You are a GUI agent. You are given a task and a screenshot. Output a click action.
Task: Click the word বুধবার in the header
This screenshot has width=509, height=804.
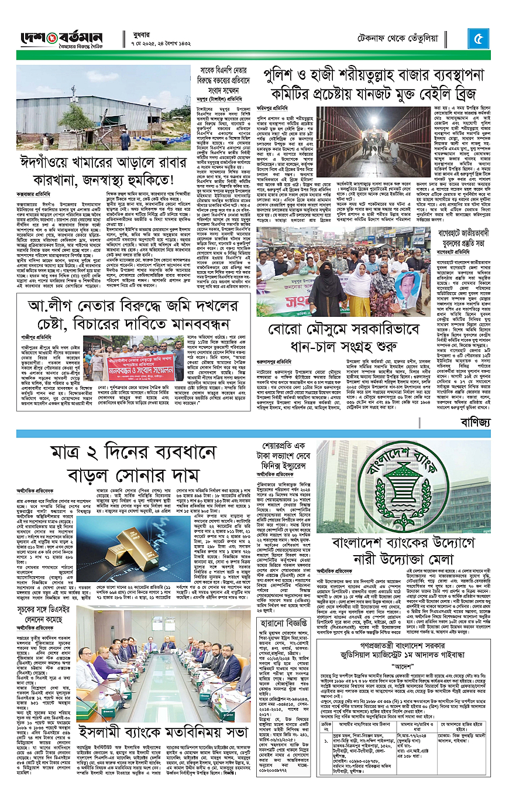[x=136, y=34]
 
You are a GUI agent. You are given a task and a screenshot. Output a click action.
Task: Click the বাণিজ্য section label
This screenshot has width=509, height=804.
[x=473, y=422]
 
